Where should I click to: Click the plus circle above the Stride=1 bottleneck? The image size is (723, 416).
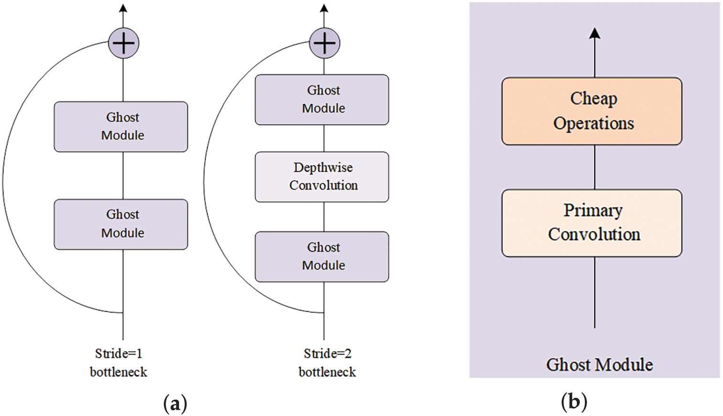coord(123,43)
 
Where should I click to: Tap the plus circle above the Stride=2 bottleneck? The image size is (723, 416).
coord(324,43)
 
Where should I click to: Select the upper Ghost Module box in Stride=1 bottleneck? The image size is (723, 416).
coord(121,127)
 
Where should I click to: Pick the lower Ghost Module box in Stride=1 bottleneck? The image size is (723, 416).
coord(121,224)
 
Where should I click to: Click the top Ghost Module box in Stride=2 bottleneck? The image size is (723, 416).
coord(322,99)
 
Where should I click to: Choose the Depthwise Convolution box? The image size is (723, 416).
coord(322,177)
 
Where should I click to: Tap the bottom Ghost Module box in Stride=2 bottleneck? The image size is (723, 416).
coord(322,257)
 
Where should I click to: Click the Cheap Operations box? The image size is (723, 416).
coord(592,111)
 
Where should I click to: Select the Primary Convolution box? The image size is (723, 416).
coord(592,223)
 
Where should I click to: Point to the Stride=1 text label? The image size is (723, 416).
coord(118,354)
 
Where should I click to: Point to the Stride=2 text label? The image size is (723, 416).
coord(327,354)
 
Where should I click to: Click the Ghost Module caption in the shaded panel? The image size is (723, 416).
coord(599,365)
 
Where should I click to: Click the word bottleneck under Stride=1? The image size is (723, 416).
coord(118,372)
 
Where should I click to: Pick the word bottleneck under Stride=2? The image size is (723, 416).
coord(327,372)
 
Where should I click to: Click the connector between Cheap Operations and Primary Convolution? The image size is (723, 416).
coord(595,167)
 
